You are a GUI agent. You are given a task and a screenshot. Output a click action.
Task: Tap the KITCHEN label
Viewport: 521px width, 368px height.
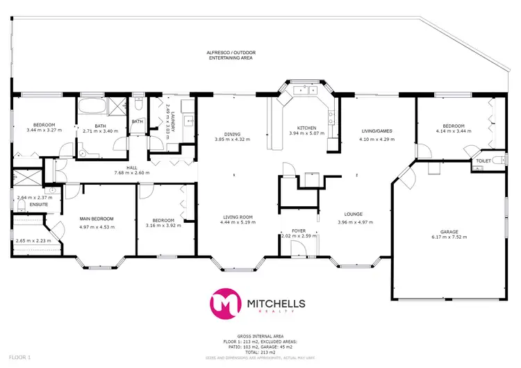point(306,128)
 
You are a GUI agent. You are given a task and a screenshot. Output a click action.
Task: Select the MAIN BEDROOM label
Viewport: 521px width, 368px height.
point(97,219)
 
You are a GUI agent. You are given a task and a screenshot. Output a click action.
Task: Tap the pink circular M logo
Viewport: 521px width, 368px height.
point(226,303)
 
